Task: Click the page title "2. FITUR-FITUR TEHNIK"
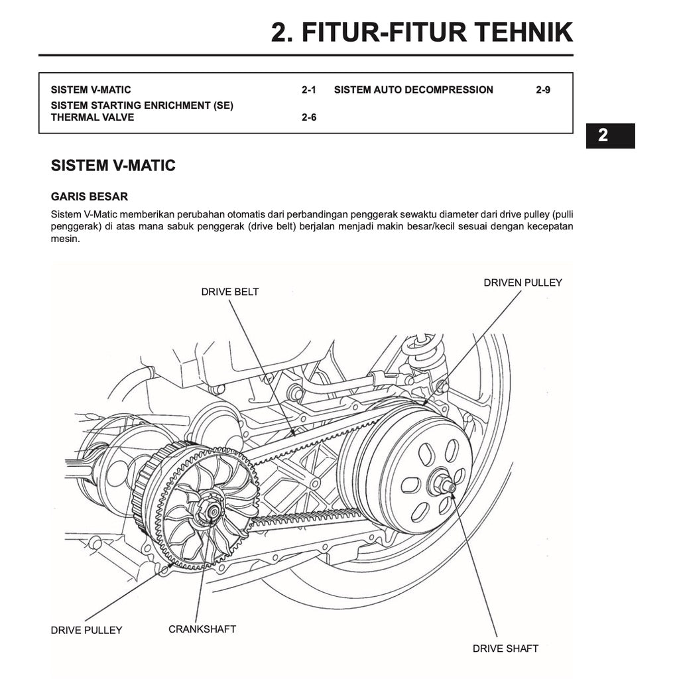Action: coord(422,32)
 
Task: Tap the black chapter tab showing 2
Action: coord(609,135)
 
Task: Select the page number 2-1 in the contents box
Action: coord(308,90)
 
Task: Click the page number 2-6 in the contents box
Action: coord(308,117)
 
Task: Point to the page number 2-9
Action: coord(542,90)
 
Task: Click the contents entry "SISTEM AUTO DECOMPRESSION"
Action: coord(413,90)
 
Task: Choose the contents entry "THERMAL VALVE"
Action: coord(92,117)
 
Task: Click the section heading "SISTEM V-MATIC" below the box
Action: coord(113,166)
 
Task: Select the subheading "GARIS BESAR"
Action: coord(89,197)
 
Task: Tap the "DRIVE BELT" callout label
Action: coord(230,292)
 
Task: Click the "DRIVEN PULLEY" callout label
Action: coord(523,282)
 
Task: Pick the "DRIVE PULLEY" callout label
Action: coord(86,630)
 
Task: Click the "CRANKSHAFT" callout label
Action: coord(202,629)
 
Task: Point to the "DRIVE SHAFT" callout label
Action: coord(505,648)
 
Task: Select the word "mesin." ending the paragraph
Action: coord(65,239)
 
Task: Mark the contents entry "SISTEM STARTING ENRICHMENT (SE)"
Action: coord(142,105)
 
